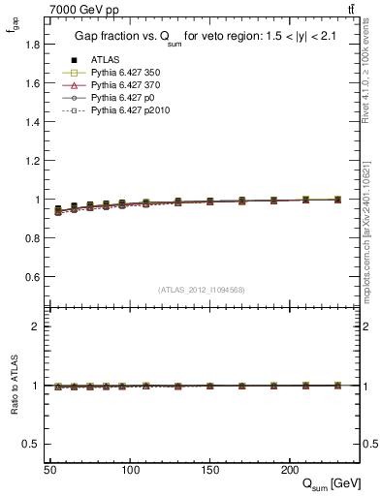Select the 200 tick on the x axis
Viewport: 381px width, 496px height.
(289, 470)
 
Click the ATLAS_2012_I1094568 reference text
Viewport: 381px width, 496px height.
(202, 290)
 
